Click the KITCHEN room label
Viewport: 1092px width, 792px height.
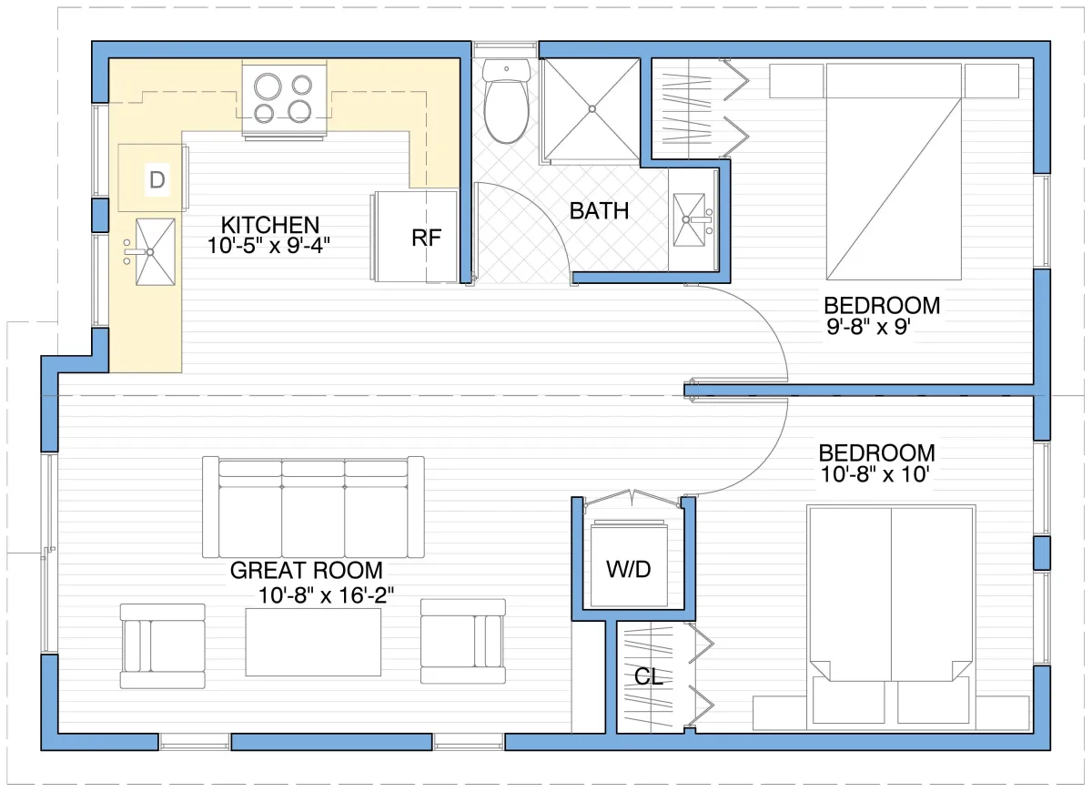(270, 226)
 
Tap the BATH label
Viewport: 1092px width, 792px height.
(599, 211)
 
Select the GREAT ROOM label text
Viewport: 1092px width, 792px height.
(306, 571)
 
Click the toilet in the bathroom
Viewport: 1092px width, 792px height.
(507, 101)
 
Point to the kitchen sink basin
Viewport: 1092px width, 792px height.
(155, 251)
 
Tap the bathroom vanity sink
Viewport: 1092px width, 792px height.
(688, 219)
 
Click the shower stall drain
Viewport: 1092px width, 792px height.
(591, 109)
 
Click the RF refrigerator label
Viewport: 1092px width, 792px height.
(426, 238)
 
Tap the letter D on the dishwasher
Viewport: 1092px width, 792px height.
(157, 180)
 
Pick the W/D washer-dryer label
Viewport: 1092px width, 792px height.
(629, 569)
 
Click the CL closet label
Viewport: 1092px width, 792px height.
(649, 676)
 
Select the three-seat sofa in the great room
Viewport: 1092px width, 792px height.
(313, 507)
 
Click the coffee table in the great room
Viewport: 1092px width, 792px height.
(313, 643)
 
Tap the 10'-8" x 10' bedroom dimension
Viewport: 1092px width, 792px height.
(875, 474)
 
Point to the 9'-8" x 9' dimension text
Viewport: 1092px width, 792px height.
(869, 327)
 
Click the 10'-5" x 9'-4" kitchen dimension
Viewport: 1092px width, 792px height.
(268, 246)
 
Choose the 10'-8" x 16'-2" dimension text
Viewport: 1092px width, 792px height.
(326, 595)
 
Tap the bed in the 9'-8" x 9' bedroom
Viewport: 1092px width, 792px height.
(894, 172)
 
